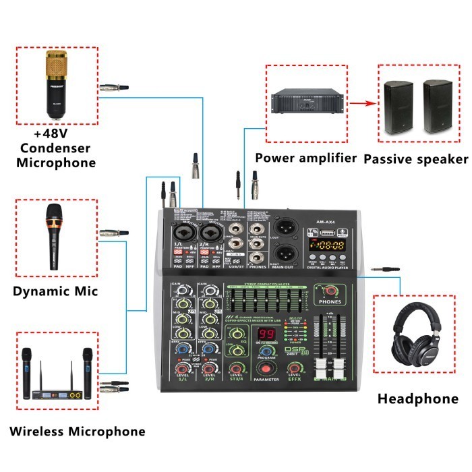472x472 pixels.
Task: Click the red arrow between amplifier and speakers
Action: tap(360, 104)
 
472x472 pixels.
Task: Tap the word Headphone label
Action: tap(417, 399)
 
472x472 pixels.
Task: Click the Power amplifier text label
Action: tap(306, 158)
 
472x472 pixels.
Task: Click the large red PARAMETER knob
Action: tap(265, 370)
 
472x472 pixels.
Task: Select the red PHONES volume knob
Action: tap(330, 291)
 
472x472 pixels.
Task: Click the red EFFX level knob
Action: tap(293, 368)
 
